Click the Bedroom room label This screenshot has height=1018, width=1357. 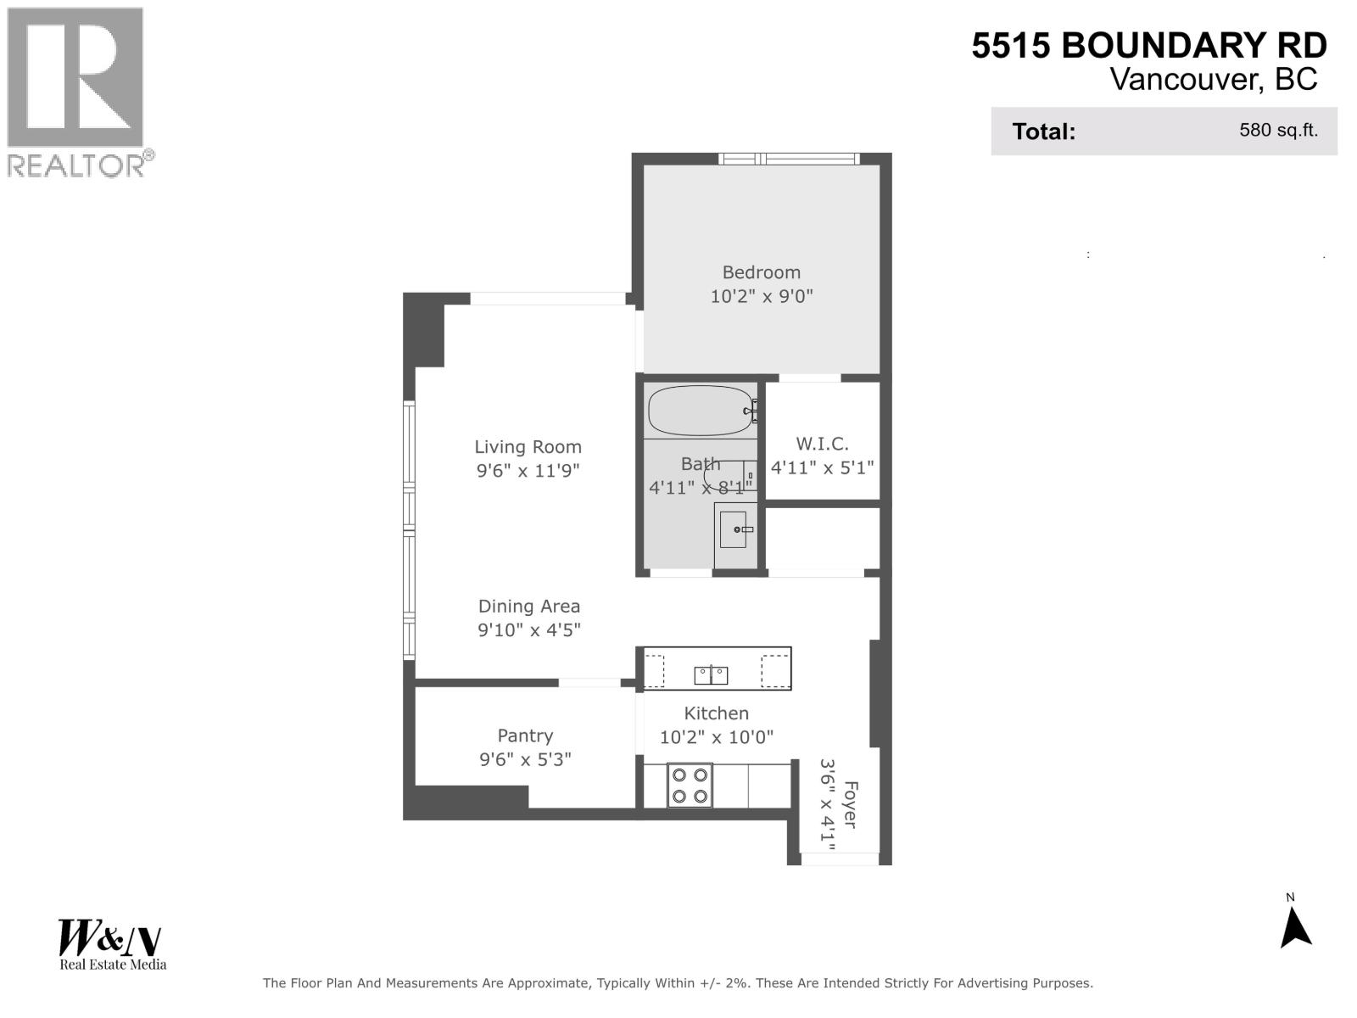761,272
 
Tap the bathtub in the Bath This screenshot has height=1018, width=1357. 699,411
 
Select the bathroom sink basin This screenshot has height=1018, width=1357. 734,529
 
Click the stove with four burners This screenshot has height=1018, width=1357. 689,786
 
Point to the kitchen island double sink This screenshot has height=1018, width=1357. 711,675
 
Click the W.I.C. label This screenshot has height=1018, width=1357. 822,444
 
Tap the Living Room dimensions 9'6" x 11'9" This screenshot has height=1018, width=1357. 528,471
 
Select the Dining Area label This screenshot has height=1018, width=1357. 529,607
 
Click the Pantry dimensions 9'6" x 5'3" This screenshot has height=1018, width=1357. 525,759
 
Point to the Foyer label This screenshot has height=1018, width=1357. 849,805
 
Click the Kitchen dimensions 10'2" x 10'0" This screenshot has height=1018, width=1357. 717,737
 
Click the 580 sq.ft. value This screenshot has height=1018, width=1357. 1278,131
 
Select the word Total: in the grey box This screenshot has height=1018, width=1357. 1043,132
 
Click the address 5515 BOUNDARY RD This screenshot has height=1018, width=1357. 1149,46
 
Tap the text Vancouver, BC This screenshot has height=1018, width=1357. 1214,80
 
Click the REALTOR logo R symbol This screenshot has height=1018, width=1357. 75,77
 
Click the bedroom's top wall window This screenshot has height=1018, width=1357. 789,159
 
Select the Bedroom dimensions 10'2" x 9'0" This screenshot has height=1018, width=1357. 761,297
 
